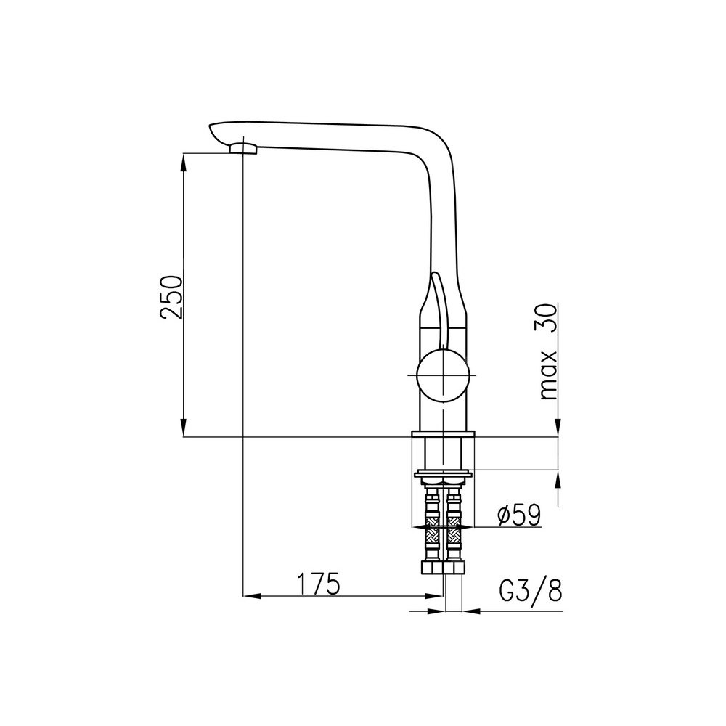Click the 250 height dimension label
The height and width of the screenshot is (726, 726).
(x=171, y=297)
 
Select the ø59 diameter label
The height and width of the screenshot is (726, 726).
(x=518, y=515)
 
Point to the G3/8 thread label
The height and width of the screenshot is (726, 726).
(x=531, y=590)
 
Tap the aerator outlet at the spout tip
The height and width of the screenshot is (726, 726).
(x=243, y=148)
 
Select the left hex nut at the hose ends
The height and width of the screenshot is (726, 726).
(x=431, y=568)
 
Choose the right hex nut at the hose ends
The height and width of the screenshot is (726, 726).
(x=454, y=568)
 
